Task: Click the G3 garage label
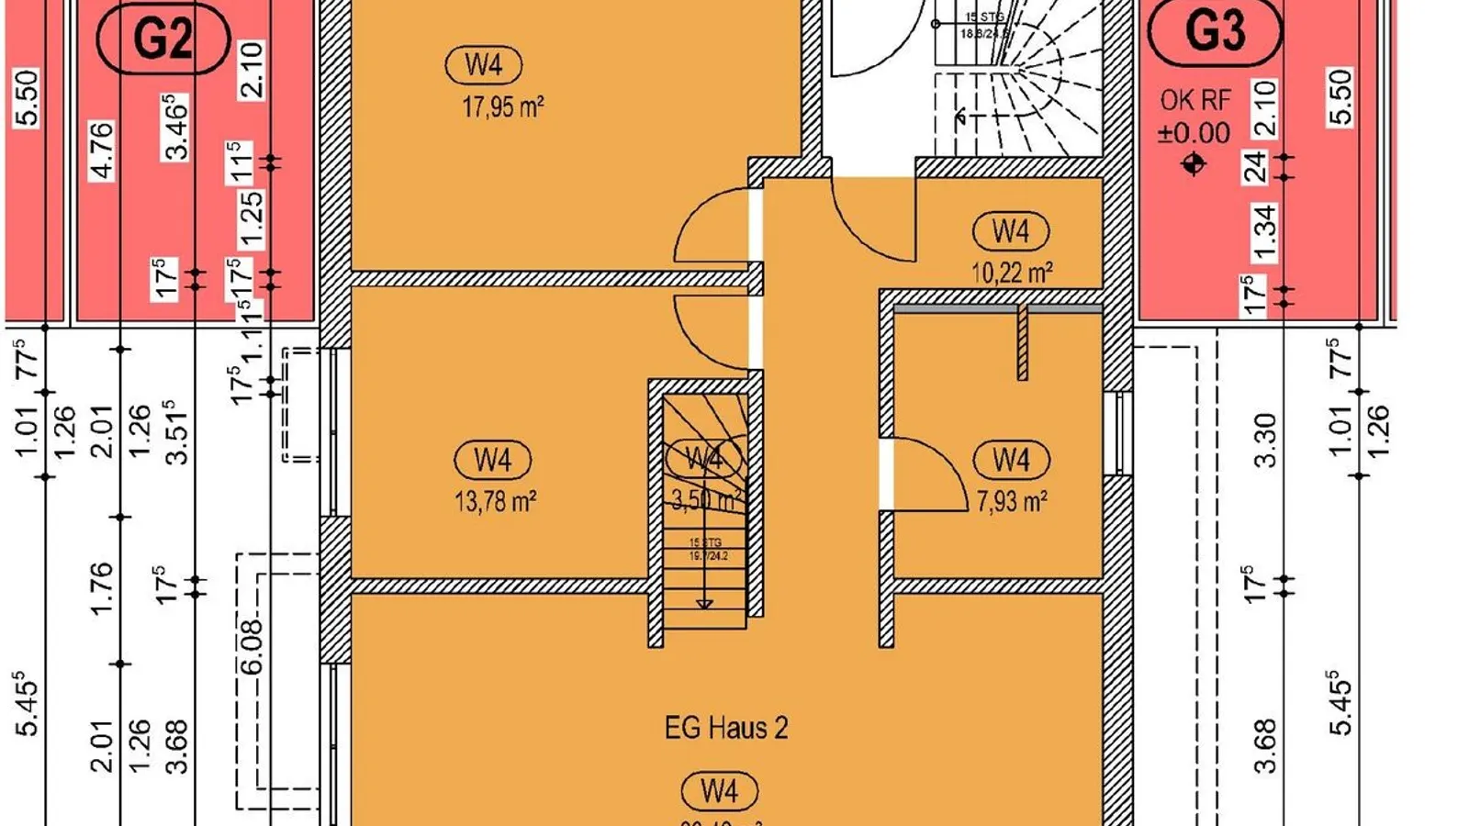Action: (1215, 32)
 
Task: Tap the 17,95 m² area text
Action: (502, 106)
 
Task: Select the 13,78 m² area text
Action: (495, 501)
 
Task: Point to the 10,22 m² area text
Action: (1011, 272)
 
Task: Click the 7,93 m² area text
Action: (1011, 501)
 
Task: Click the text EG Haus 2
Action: (725, 728)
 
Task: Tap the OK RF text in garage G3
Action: (1194, 100)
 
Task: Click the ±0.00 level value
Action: (1194, 133)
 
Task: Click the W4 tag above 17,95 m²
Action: (483, 65)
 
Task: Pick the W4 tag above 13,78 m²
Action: (492, 460)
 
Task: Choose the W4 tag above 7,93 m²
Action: (1010, 460)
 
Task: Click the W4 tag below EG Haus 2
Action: (719, 790)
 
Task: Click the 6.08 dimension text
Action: (252, 646)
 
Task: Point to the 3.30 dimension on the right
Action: (1264, 441)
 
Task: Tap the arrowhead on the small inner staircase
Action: (704, 604)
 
